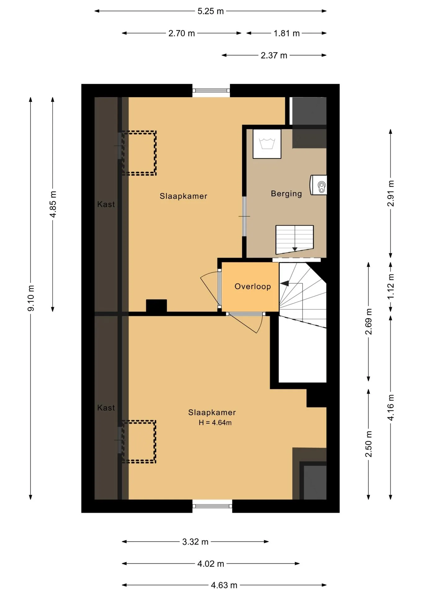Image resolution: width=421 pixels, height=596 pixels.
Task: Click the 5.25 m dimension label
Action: pyautogui.click(x=210, y=11)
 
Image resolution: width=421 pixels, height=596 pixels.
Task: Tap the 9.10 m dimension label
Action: pyautogui.click(x=31, y=298)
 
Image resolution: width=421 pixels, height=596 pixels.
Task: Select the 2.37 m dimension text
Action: pyautogui.click(x=274, y=56)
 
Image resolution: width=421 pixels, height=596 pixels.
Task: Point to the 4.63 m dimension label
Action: pyautogui.click(x=224, y=585)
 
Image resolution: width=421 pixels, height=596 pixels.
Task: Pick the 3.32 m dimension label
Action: pyautogui.click(x=195, y=542)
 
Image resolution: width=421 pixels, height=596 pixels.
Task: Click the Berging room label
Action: pyautogui.click(x=286, y=194)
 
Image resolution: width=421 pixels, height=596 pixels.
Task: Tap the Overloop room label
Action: pyautogui.click(x=253, y=286)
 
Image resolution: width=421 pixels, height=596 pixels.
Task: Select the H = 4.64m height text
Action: pyautogui.click(x=215, y=422)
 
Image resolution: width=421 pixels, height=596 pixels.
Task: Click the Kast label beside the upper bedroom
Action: pyautogui.click(x=106, y=204)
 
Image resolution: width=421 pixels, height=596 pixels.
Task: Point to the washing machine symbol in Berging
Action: pyautogui.click(x=267, y=144)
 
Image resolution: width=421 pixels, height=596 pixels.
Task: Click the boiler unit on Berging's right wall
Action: pyautogui.click(x=319, y=185)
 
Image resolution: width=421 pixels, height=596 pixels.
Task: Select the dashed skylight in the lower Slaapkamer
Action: pyautogui.click(x=139, y=442)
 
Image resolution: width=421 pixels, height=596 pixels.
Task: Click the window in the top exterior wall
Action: pyautogui.click(x=211, y=91)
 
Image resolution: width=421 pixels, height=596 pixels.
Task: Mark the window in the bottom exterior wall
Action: pyautogui.click(x=212, y=506)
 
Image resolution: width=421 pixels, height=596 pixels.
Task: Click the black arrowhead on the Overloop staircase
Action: pyautogui.click(x=284, y=283)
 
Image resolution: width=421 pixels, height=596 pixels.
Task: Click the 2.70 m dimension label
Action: pyautogui.click(x=182, y=33)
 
